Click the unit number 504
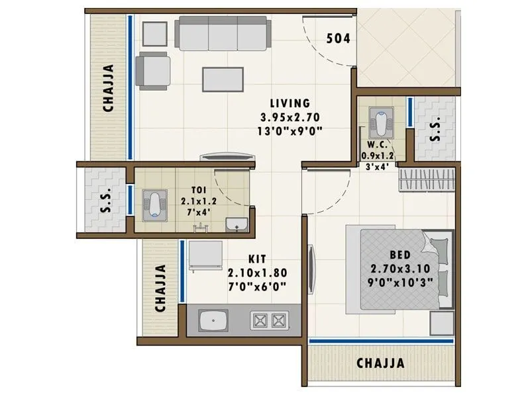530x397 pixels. [338, 38]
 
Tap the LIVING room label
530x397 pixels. [290, 103]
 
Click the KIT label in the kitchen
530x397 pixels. [258, 259]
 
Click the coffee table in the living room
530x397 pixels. [223, 78]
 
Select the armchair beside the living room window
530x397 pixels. [153, 70]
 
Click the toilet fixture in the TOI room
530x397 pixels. [153, 202]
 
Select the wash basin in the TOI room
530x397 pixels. [235, 225]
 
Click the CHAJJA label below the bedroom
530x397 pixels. [381, 363]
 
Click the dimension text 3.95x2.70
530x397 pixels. [290, 117]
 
